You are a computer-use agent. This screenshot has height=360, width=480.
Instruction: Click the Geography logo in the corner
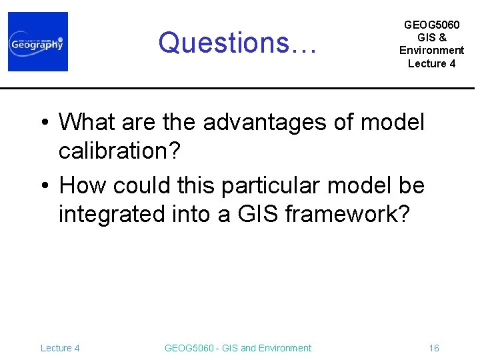tap(38, 41)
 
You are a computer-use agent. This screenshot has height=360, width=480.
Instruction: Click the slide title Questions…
tap(240, 43)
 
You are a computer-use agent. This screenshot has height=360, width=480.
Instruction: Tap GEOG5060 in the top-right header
tap(431, 25)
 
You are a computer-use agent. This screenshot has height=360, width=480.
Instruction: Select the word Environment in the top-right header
tap(431, 51)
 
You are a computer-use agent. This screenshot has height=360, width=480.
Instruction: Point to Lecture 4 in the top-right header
tap(431, 63)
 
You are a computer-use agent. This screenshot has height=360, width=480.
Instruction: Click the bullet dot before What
tap(43, 123)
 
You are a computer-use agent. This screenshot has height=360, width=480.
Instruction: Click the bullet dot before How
tap(43, 186)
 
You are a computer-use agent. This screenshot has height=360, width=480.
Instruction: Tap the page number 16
tap(434, 348)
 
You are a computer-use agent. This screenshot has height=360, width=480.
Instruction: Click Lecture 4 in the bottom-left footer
tap(60, 348)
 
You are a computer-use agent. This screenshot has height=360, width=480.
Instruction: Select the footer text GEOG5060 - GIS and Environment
tap(237, 348)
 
